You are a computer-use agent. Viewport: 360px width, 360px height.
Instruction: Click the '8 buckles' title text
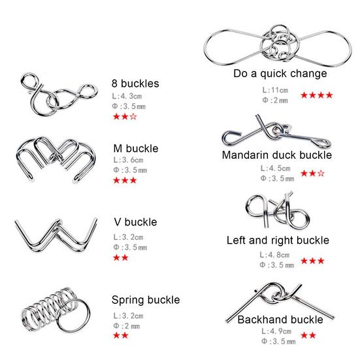135,84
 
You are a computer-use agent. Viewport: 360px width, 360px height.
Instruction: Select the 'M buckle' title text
136,148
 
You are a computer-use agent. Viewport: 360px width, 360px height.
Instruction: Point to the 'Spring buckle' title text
145,300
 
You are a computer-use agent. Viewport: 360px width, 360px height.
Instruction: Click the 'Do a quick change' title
280,73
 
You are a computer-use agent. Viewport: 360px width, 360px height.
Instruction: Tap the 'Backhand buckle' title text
280,319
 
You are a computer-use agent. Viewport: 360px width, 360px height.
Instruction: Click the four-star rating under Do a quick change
317,95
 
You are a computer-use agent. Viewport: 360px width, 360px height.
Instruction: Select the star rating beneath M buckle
125,180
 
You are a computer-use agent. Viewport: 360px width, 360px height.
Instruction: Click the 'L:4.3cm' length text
128,96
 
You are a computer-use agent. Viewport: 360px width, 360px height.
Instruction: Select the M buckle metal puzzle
54,159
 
